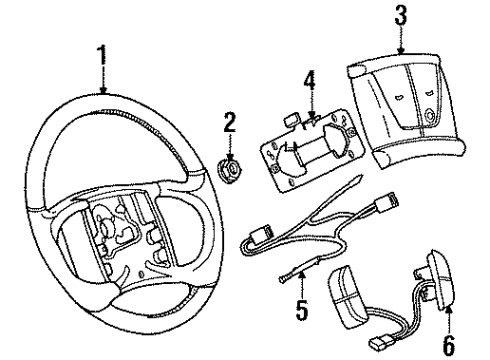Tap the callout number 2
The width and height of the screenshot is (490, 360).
click(229, 124)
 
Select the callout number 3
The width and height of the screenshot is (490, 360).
click(400, 15)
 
